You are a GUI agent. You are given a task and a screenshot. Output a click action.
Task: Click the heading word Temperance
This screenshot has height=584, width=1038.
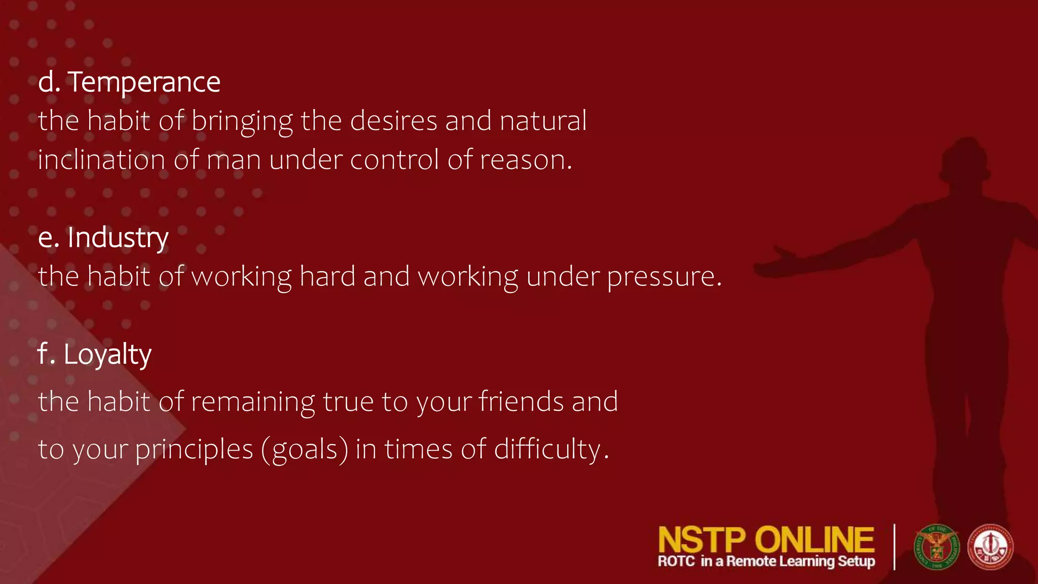tap(144, 82)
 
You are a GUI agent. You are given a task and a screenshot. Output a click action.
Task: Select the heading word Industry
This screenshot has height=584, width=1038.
tap(118, 238)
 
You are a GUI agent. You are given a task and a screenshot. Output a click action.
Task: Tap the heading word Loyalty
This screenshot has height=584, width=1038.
tap(107, 354)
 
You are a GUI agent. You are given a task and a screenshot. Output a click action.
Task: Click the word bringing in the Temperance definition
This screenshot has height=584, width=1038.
tap(242, 122)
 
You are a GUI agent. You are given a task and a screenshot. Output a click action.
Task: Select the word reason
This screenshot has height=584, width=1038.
tap(525, 160)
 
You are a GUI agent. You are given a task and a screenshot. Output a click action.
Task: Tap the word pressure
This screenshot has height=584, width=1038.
tap(664, 277)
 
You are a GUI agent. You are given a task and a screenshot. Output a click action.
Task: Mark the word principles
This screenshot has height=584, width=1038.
tap(194, 450)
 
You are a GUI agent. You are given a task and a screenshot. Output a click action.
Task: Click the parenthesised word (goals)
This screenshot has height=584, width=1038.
tap(305, 450)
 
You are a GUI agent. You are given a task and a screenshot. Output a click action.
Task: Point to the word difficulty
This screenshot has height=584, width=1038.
tap(550, 450)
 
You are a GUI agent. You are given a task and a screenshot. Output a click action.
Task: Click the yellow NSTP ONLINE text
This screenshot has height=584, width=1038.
tap(766, 540)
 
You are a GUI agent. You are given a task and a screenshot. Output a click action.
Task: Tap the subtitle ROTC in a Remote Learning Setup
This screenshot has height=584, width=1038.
tap(766, 562)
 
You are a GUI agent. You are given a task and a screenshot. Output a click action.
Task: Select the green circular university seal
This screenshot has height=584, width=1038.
tap(936, 547)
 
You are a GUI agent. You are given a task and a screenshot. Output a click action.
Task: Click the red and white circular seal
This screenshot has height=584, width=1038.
tap(990, 547)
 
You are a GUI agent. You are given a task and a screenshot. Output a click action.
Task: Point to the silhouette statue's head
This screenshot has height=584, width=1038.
tap(966, 160)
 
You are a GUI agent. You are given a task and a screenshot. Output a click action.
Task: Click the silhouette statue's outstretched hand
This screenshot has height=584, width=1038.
tap(775, 264)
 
